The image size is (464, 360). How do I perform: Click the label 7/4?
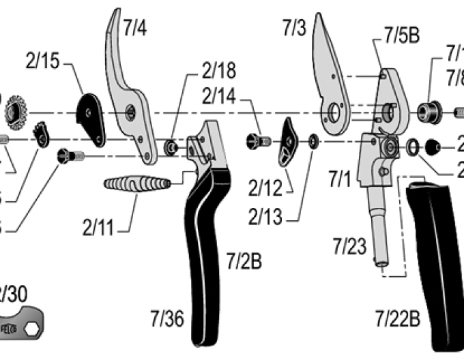[135, 28]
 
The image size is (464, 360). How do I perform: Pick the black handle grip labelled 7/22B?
[433, 259]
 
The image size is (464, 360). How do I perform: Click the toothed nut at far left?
[14, 111]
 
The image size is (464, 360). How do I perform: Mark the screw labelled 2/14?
[259, 141]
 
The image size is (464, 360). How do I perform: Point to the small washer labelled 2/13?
[313, 141]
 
